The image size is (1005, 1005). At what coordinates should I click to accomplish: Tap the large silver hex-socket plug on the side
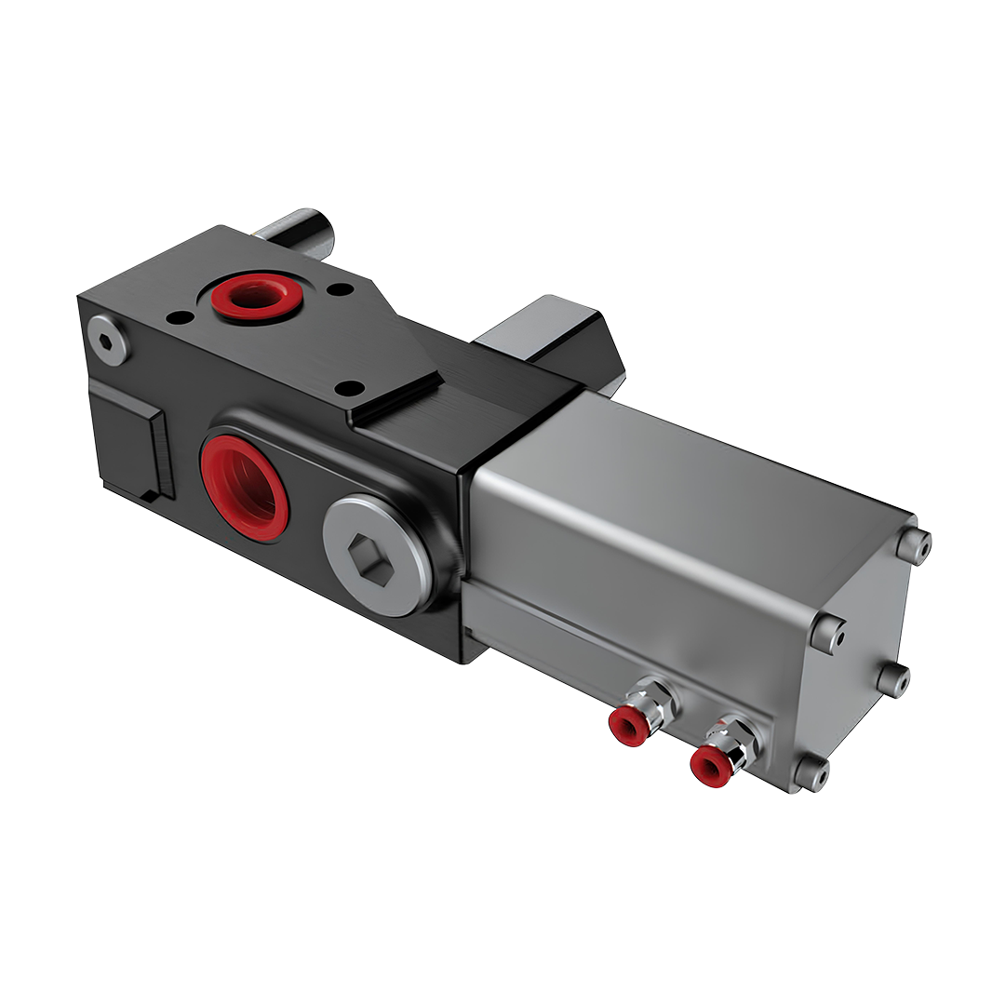pos(378,555)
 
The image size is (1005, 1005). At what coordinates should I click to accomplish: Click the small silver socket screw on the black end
pos(108,340)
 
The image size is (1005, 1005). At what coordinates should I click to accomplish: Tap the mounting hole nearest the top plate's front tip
pos(350,387)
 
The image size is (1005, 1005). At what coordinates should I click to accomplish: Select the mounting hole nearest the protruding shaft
pos(341,289)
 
